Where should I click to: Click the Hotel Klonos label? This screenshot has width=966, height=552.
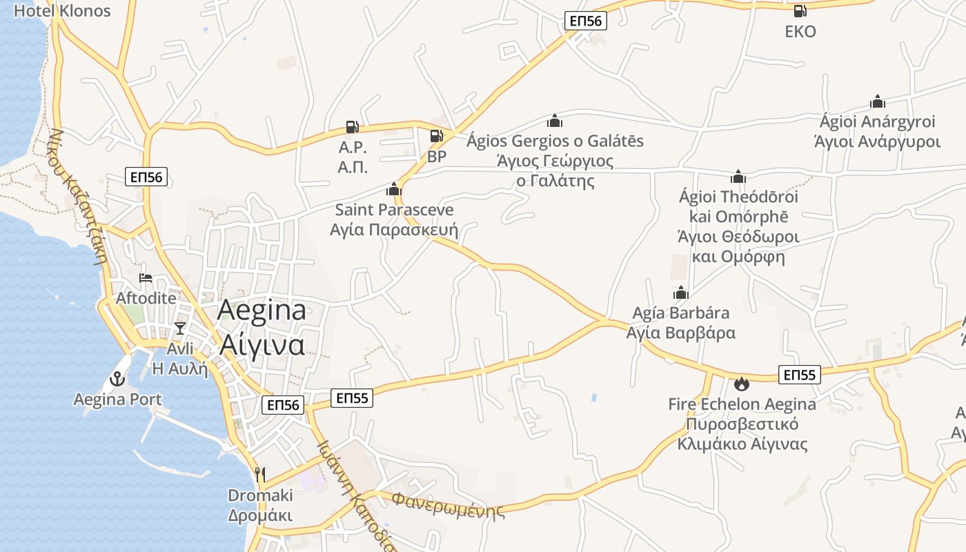(62, 10)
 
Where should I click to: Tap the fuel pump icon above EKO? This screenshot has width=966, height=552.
(800, 10)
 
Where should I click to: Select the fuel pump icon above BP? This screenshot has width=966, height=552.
(436, 136)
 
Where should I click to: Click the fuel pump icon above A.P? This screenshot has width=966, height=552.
(352, 126)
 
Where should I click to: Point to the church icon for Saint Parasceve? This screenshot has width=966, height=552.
(394, 188)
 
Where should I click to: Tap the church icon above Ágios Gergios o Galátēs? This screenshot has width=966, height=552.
(555, 121)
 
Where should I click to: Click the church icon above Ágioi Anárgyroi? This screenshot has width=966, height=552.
(878, 101)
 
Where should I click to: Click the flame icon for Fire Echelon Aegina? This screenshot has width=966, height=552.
(742, 384)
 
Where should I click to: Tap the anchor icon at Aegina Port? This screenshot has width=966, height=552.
(117, 378)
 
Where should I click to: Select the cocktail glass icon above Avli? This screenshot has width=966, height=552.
(180, 328)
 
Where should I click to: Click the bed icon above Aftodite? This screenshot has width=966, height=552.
(146, 278)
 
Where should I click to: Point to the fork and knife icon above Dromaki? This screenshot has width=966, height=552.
(260, 474)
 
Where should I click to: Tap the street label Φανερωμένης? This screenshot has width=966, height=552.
(448, 504)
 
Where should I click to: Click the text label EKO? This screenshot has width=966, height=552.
(800, 31)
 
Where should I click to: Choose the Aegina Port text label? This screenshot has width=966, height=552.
(118, 399)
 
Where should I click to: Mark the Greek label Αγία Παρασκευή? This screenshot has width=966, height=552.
(394, 230)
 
